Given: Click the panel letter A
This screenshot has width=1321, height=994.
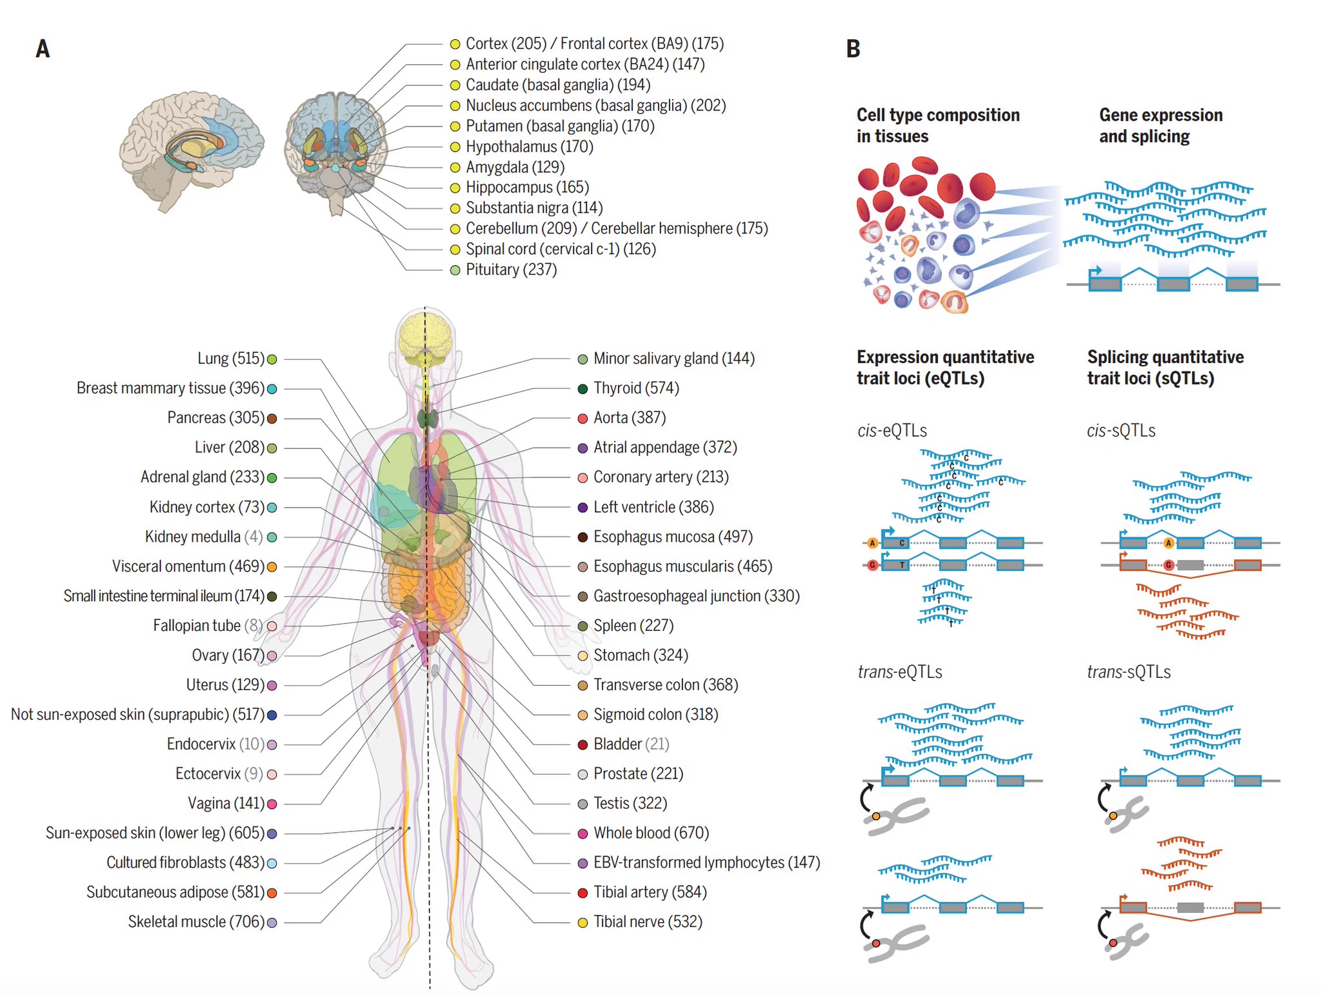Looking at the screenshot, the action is click(x=43, y=49).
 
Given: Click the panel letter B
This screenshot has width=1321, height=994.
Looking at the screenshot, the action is click(x=853, y=49).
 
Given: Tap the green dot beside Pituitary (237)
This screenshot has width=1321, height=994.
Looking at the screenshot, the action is click(x=455, y=270).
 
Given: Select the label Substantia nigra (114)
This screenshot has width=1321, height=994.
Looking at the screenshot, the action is click(x=534, y=208).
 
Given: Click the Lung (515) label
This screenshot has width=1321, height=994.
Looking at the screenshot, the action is click(x=231, y=359).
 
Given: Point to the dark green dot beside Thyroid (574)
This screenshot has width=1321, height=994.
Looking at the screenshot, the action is click(x=582, y=389).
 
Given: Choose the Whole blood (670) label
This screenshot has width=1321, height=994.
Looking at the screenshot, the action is click(x=651, y=833).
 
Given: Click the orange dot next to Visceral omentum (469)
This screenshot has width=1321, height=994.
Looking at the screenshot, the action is click(x=272, y=567).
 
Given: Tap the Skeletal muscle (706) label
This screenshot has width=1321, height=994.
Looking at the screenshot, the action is click(x=196, y=922).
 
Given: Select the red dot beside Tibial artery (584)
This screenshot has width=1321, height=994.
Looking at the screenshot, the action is click(x=582, y=893).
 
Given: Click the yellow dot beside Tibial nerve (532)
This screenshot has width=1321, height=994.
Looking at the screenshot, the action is click(x=582, y=923).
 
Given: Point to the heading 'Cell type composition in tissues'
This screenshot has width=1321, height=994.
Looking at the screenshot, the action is click(x=938, y=126).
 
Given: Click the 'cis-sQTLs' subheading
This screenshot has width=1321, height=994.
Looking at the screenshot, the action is click(x=1121, y=430).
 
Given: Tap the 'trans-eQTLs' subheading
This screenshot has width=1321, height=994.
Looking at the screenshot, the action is click(x=900, y=672).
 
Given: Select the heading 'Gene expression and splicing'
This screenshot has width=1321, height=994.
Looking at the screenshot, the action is click(x=1161, y=126).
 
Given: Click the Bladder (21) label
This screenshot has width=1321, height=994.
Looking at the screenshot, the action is click(x=631, y=744).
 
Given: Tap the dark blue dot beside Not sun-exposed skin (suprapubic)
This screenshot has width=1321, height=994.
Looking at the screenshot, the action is click(x=272, y=715).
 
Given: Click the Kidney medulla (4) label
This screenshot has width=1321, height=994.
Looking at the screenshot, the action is click(x=204, y=537).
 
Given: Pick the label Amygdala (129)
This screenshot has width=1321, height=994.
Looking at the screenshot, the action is click(x=515, y=167).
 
